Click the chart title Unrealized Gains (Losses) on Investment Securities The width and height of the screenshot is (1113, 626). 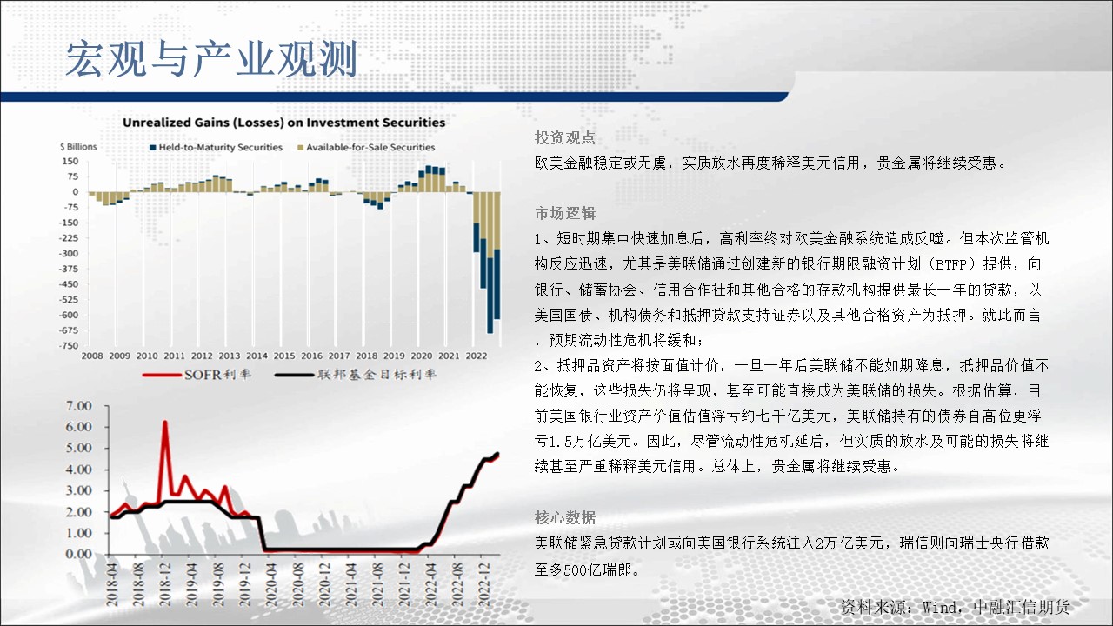pos(283,123)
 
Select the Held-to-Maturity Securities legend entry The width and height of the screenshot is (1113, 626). pos(217,148)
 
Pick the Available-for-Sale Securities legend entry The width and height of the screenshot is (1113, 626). pos(366,148)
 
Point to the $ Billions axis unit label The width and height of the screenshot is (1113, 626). pos(78,147)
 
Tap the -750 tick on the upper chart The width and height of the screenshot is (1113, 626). pos(69,346)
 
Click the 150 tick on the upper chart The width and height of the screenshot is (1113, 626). pos(70,162)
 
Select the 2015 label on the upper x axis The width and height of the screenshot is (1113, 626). pos(284,356)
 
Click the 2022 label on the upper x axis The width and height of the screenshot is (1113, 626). pos(476,356)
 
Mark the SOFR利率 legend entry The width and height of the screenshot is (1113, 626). pos(197,375)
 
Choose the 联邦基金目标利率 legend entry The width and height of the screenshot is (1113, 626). pos(356,375)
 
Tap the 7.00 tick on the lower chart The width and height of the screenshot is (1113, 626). pos(78,406)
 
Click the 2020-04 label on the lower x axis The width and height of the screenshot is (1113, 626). pos(270,585)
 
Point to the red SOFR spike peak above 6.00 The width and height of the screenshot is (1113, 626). pos(165,423)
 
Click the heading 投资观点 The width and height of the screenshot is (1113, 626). pos(565,137)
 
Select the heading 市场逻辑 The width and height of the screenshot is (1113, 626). pos(565,213)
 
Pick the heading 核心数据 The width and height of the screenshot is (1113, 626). pos(565,517)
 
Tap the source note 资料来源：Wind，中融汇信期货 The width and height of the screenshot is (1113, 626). pos(955,607)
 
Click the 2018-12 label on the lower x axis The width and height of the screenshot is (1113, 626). pos(164,585)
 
